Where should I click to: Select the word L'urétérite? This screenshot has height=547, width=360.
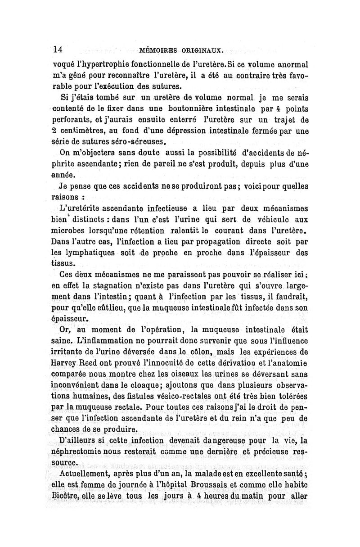(x=79, y=208)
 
